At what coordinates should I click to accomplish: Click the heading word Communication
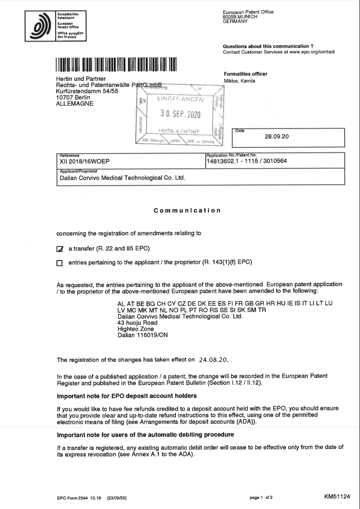[x=186, y=210]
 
